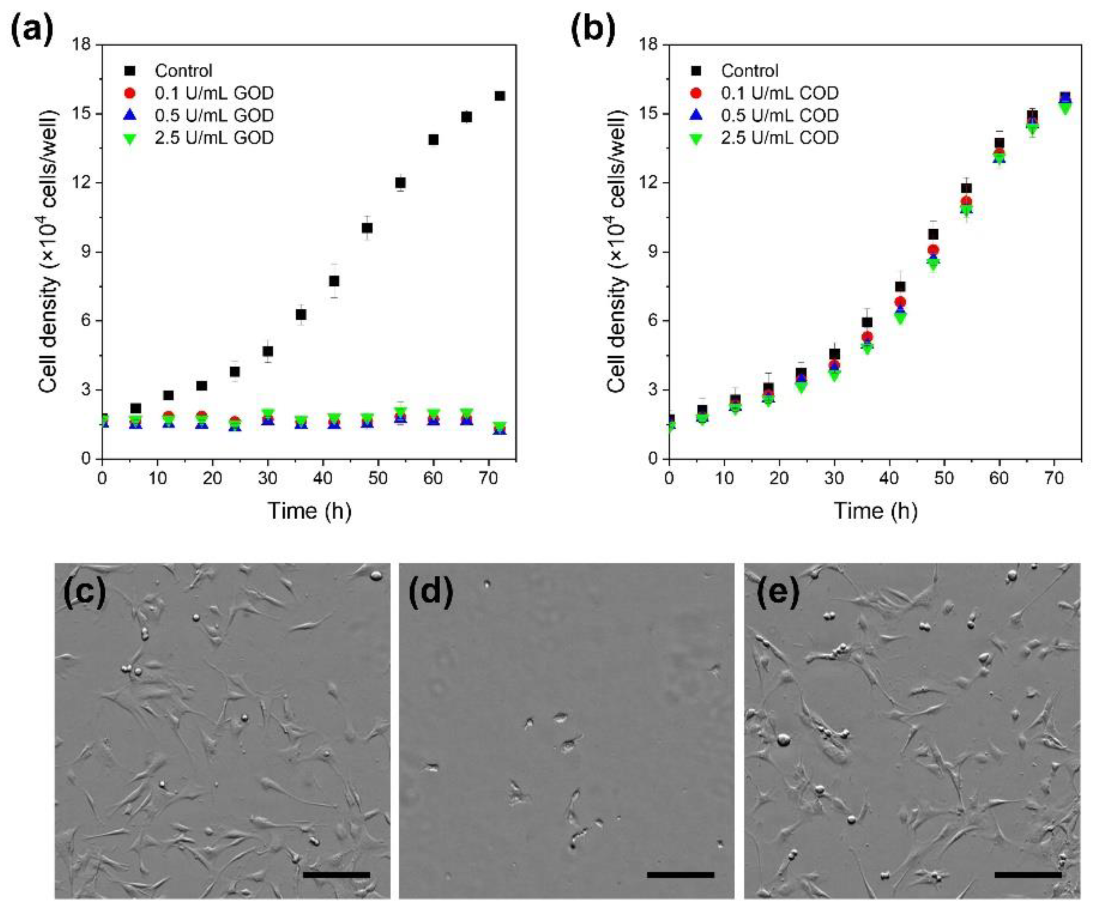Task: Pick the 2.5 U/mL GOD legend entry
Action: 214,137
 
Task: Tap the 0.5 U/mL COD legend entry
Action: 780,115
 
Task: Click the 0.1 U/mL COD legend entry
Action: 780,93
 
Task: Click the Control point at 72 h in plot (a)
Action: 500,96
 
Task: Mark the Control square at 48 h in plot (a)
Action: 367,228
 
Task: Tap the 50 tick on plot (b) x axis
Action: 944,478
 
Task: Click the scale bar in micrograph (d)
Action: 681,875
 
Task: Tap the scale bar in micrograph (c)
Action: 336,875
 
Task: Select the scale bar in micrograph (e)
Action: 1028,875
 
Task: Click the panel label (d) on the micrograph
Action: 431,593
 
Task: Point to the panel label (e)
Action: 777,593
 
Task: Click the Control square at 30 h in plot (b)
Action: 834,354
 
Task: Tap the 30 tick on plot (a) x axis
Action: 268,478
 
